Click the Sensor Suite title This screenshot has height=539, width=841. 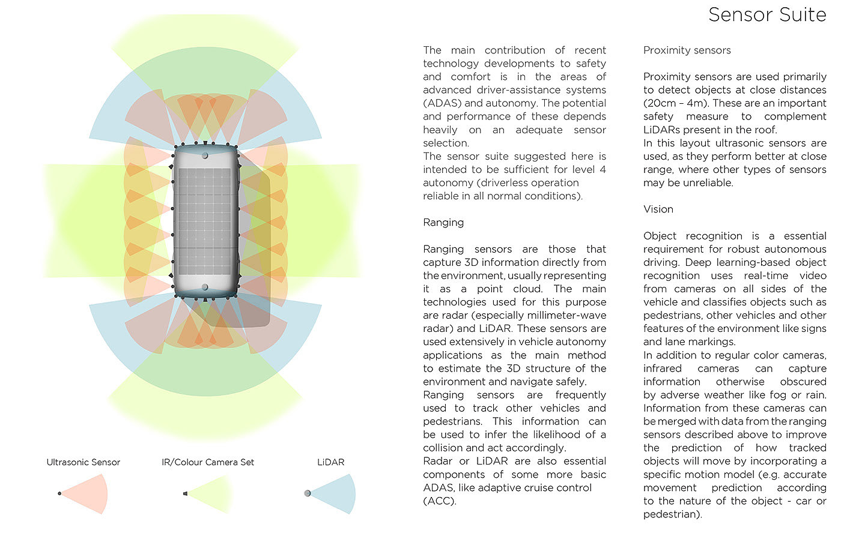(767, 14)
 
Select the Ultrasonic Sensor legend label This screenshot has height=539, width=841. (83, 462)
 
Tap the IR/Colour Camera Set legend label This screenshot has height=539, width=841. (208, 462)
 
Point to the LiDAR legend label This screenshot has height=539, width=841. (331, 462)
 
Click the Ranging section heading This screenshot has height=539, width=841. (443, 223)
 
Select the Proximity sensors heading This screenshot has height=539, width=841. (687, 50)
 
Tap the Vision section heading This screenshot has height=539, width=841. (658, 209)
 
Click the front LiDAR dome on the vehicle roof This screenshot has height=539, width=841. (205, 155)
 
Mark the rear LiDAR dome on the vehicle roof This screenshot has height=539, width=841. (205, 288)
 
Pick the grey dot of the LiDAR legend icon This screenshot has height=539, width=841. (308, 493)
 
